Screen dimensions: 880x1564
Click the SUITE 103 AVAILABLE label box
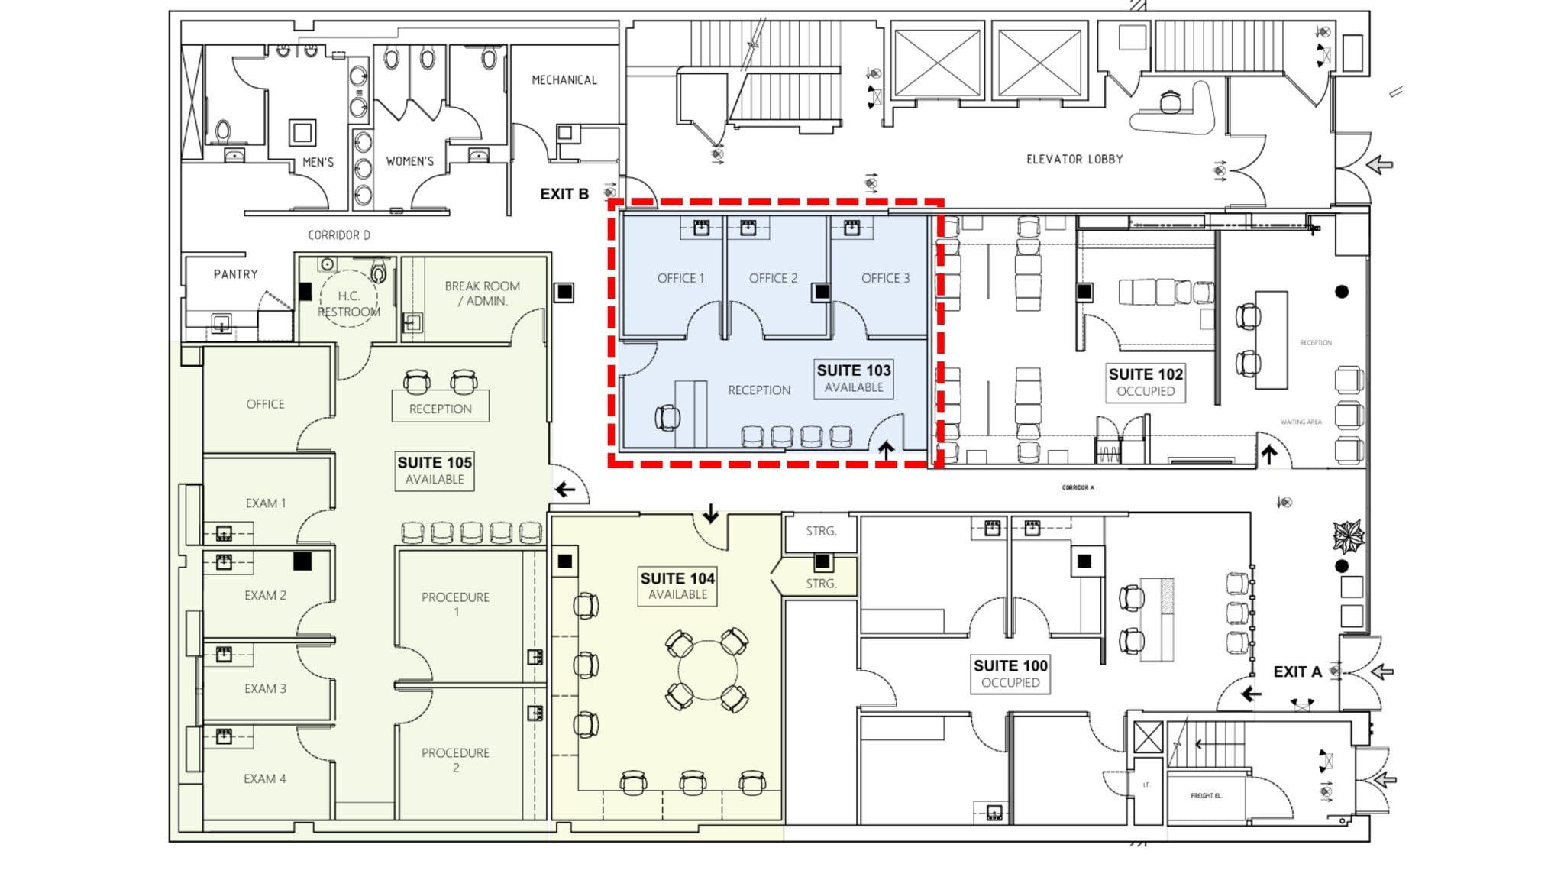pos(854,378)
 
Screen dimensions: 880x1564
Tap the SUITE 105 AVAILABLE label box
pos(435,471)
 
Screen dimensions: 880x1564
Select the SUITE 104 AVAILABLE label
pos(677,586)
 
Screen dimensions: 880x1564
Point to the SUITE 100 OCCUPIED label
pos(1010,674)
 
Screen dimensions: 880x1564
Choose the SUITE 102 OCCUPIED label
pos(1146,382)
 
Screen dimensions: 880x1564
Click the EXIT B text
pos(564,194)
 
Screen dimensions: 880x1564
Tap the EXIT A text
pos(1297,671)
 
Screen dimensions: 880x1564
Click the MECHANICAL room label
pos(564,80)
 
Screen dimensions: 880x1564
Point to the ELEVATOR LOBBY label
pos(1074,160)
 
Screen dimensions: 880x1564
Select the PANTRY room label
pos(235,274)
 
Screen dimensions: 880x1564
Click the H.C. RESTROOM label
pos(348,304)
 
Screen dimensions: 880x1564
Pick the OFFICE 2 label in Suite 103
pos(773,278)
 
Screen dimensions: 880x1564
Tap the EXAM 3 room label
pos(265,688)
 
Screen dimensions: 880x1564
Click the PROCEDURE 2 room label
pos(455,760)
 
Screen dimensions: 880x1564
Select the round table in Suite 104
pos(707,671)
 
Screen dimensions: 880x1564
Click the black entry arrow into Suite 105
pos(565,490)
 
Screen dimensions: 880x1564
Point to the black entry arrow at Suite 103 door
pos(886,451)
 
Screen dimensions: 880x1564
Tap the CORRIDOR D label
pos(339,235)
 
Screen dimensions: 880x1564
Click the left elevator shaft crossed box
pos(937,63)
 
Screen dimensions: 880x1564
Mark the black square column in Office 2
pos(822,292)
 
